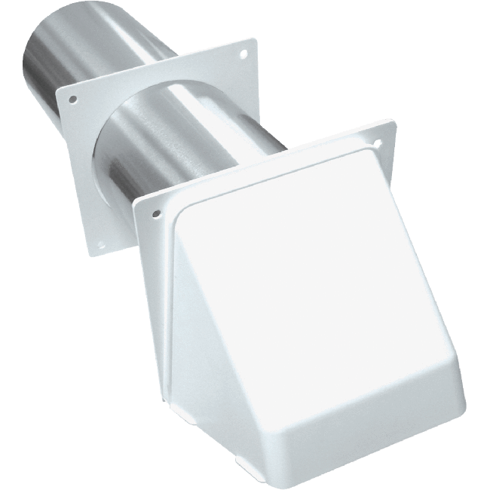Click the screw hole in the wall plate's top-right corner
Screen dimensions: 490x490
coord(243,55)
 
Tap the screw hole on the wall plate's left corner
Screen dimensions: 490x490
coord(72,99)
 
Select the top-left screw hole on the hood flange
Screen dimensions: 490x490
coord(156,214)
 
